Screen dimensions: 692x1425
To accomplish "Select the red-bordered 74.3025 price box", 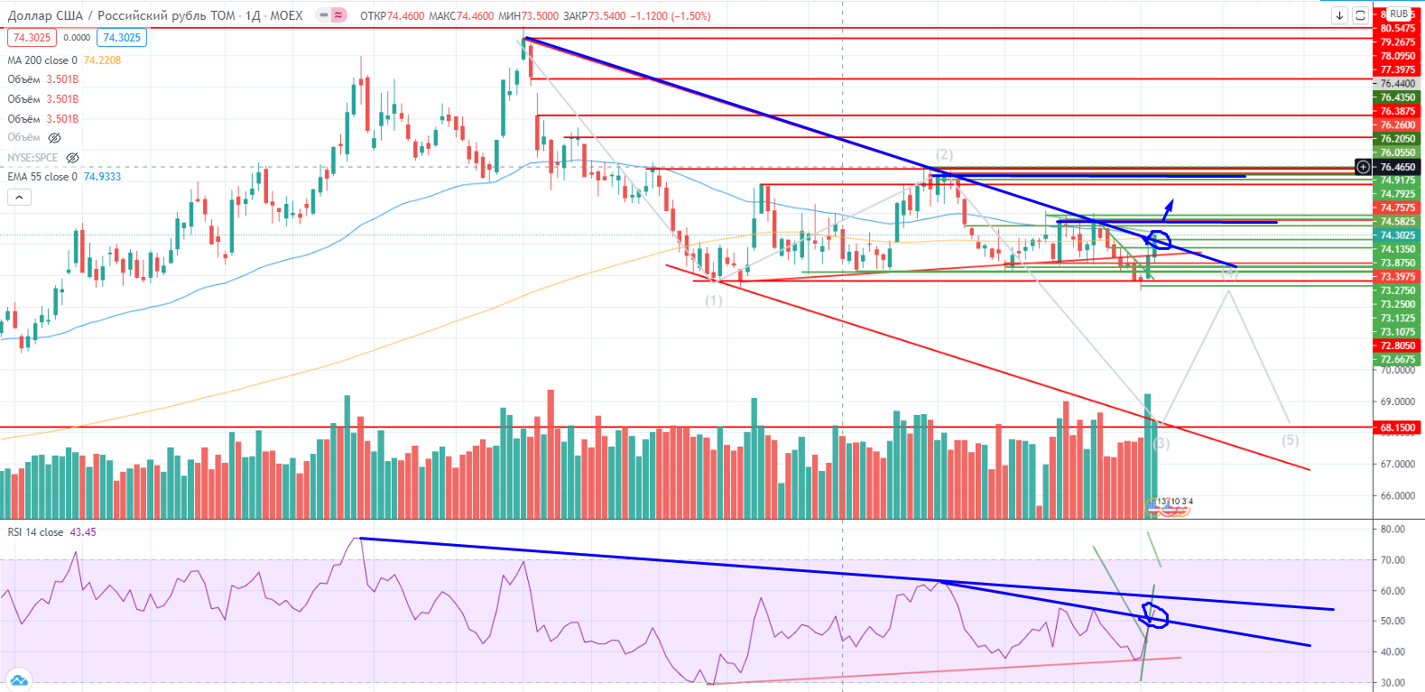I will pyautogui.click(x=32, y=38).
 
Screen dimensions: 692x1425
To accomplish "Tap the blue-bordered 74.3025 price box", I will pyautogui.click(x=122, y=38).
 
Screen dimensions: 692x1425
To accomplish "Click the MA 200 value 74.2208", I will pyautogui.click(x=102, y=60).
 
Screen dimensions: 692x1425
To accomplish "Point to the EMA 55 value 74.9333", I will pyautogui.click(x=102, y=177).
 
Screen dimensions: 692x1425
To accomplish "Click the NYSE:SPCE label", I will pyautogui.click(x=32, y=158).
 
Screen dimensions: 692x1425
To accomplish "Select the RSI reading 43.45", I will pyautogui.click(x=83, y=532).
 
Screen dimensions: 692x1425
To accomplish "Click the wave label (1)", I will pyautogui.click(x=714, y=300).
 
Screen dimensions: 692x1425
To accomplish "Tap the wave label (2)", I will pyautogui.click(x=944, y=154).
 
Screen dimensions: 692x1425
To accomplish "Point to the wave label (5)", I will pyautogui.click(x=1291, y=440).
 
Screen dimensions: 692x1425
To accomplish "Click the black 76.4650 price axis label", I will pyautogui.click(x=1397, y=167).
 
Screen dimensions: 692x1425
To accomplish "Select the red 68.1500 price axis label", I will pyautogui.click(x=1397, y=428).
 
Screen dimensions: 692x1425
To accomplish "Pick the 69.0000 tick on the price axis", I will pyautogui.click(x=1397, y=401).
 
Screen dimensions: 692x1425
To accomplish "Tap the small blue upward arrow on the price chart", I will pyautogui.click(x=1168, y=209).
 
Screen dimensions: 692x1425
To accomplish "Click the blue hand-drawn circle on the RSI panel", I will pyautogui.click(x=1155, y=616).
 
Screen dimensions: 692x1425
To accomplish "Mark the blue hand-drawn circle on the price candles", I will pyautogui.click(x=1158, y=240).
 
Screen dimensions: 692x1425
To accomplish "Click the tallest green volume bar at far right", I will pyautogui.click(x=1148, y=451).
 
